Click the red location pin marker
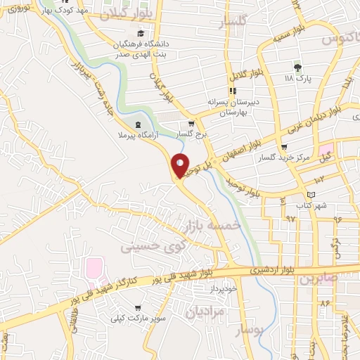tap(181, 165)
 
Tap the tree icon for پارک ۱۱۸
tap(297, 67)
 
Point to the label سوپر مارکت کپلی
tap(136, 319)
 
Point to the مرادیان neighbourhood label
tap(210, 311)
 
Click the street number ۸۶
tap(324, 303)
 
